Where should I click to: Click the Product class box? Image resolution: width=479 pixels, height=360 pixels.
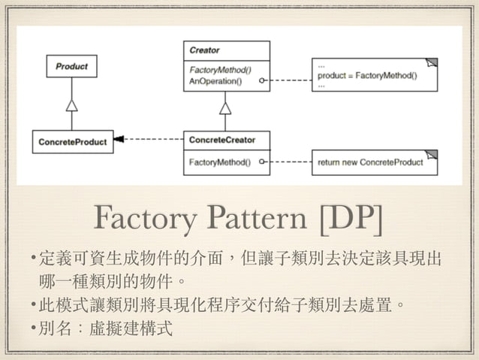point(71,66)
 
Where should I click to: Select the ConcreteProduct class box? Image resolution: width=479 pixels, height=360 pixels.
point(72,141)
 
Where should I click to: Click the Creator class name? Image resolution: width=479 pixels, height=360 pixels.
point(205,50)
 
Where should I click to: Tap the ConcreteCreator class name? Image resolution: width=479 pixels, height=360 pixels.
point(221,140)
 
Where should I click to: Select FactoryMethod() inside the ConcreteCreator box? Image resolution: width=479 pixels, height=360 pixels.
point(219,162)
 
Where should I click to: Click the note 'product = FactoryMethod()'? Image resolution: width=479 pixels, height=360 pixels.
point(367,75)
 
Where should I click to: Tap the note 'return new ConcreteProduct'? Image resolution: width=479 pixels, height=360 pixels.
point(370,162)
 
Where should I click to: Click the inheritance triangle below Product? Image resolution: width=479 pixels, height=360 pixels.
point(71,104)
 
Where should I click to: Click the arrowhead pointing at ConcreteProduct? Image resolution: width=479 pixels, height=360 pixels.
point(119,139)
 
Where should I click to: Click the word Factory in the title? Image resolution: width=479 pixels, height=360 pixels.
point(141,217)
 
